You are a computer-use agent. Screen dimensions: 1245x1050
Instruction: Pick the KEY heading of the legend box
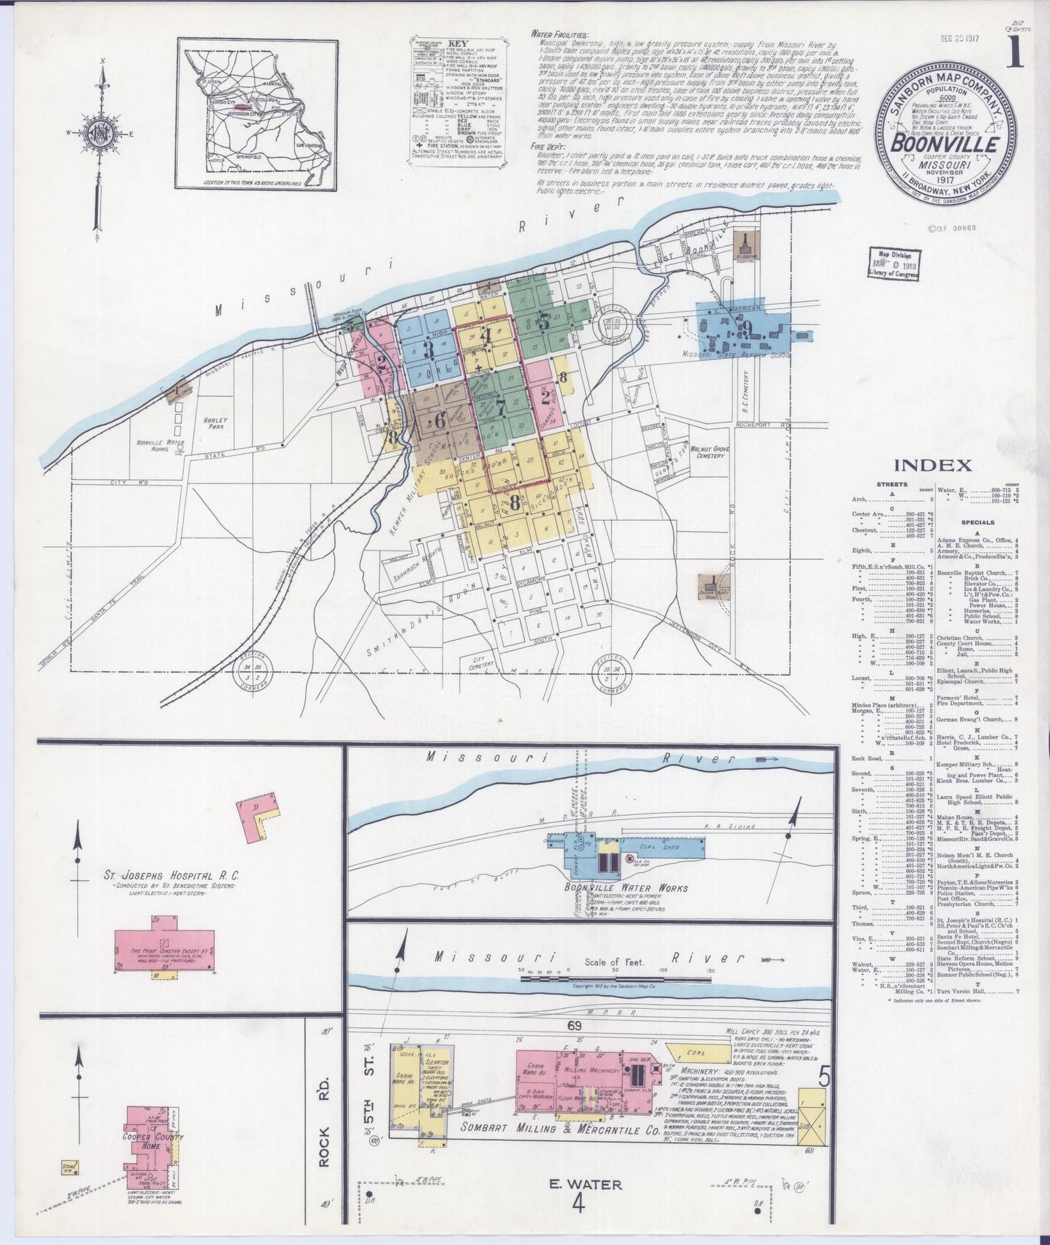[456, 43]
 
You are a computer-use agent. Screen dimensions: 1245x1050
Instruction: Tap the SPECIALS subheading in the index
[978, 522]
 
